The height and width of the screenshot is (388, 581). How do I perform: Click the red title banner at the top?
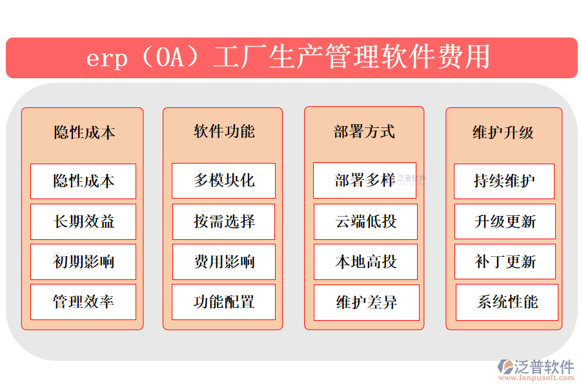(291, 58)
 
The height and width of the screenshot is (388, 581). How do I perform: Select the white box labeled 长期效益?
(83, 222)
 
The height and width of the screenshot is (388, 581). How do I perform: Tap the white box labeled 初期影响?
(83, 262)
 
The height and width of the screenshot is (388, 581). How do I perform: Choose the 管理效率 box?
(83, 302)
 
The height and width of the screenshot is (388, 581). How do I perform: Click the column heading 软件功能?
(224, 132)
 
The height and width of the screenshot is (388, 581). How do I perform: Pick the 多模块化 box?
(223, 180)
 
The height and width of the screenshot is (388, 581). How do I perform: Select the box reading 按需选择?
(223, 222)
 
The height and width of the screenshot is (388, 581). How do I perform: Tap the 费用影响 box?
(223, 262)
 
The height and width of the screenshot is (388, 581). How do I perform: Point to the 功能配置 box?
(223, 302)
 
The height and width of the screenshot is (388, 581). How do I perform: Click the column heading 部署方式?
(364, 132)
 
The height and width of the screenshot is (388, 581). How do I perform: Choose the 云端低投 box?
(365, 222)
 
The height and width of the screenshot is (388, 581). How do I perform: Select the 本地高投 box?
(365, 262)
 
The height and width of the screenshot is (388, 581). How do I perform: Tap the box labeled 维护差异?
(366, 302)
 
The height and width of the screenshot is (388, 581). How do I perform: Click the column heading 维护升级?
(504, 133)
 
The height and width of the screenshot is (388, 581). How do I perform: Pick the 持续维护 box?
(504, 180)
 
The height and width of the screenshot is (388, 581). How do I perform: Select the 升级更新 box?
(505, 222)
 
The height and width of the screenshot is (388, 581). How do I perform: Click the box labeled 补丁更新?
(505, 262)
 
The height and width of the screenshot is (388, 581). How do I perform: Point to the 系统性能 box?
(507, 302)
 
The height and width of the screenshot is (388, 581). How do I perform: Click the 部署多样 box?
(365, 180)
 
